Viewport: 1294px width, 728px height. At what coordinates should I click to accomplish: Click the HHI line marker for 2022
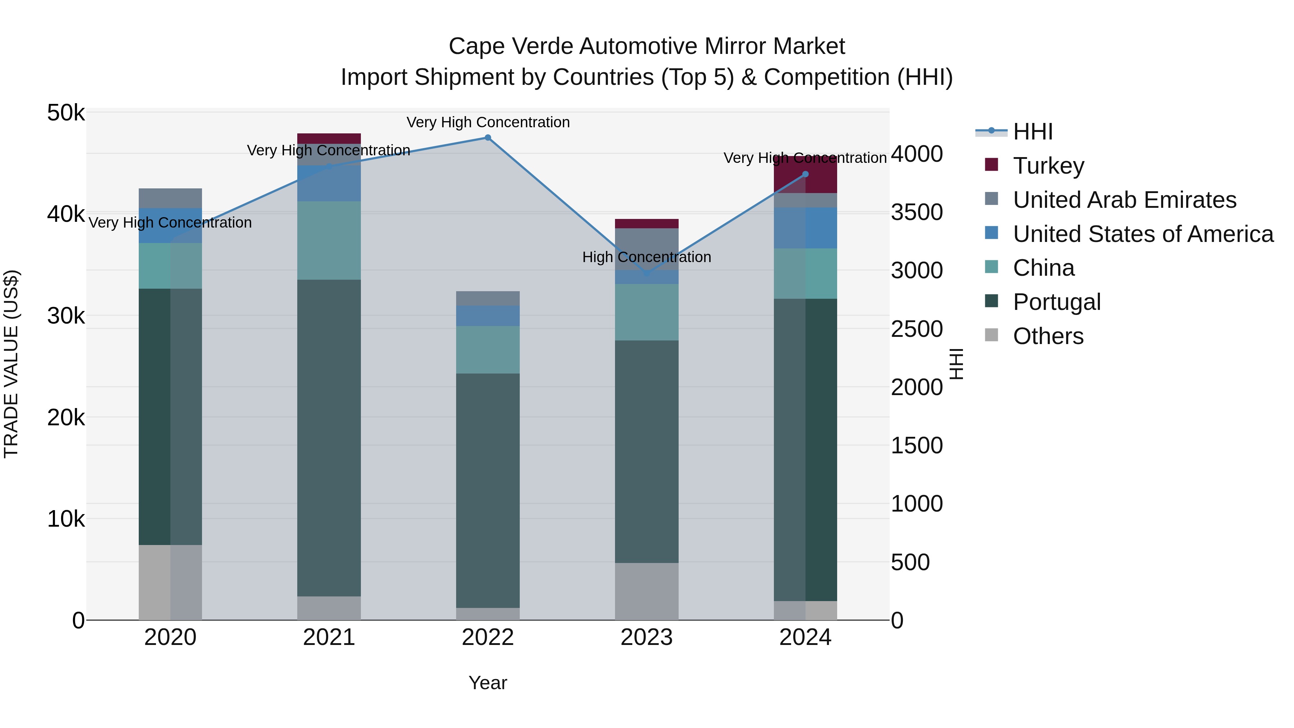(487, 138)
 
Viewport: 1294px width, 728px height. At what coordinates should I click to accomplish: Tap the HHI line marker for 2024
(805, 174)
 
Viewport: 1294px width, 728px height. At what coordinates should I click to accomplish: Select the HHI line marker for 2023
(647, 273)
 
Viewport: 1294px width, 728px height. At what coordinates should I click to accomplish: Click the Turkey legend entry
(1048, 166)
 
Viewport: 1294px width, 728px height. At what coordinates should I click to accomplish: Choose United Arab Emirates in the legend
(1124, 200)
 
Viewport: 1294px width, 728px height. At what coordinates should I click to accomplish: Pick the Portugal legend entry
(1056, 302)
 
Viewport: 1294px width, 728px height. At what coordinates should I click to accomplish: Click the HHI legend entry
(1032, 132)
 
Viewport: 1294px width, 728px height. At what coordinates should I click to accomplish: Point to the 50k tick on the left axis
(66, 113)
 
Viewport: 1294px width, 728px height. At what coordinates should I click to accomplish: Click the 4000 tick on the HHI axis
(917, 154)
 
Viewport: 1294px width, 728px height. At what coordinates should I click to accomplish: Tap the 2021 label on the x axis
(329, 637)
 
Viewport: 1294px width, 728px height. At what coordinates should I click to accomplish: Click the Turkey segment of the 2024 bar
(805, 175)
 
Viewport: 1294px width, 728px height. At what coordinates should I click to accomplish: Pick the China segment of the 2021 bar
(329, 240)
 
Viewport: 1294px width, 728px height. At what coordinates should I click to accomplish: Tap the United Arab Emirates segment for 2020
(170, 198)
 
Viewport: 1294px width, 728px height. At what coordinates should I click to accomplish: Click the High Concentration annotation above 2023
(647, 257)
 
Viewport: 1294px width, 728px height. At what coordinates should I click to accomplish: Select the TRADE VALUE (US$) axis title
(11, 364)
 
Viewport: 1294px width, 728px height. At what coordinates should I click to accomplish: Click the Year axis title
(488, 683)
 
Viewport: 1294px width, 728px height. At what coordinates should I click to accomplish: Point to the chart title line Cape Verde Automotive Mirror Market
(647, 46)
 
